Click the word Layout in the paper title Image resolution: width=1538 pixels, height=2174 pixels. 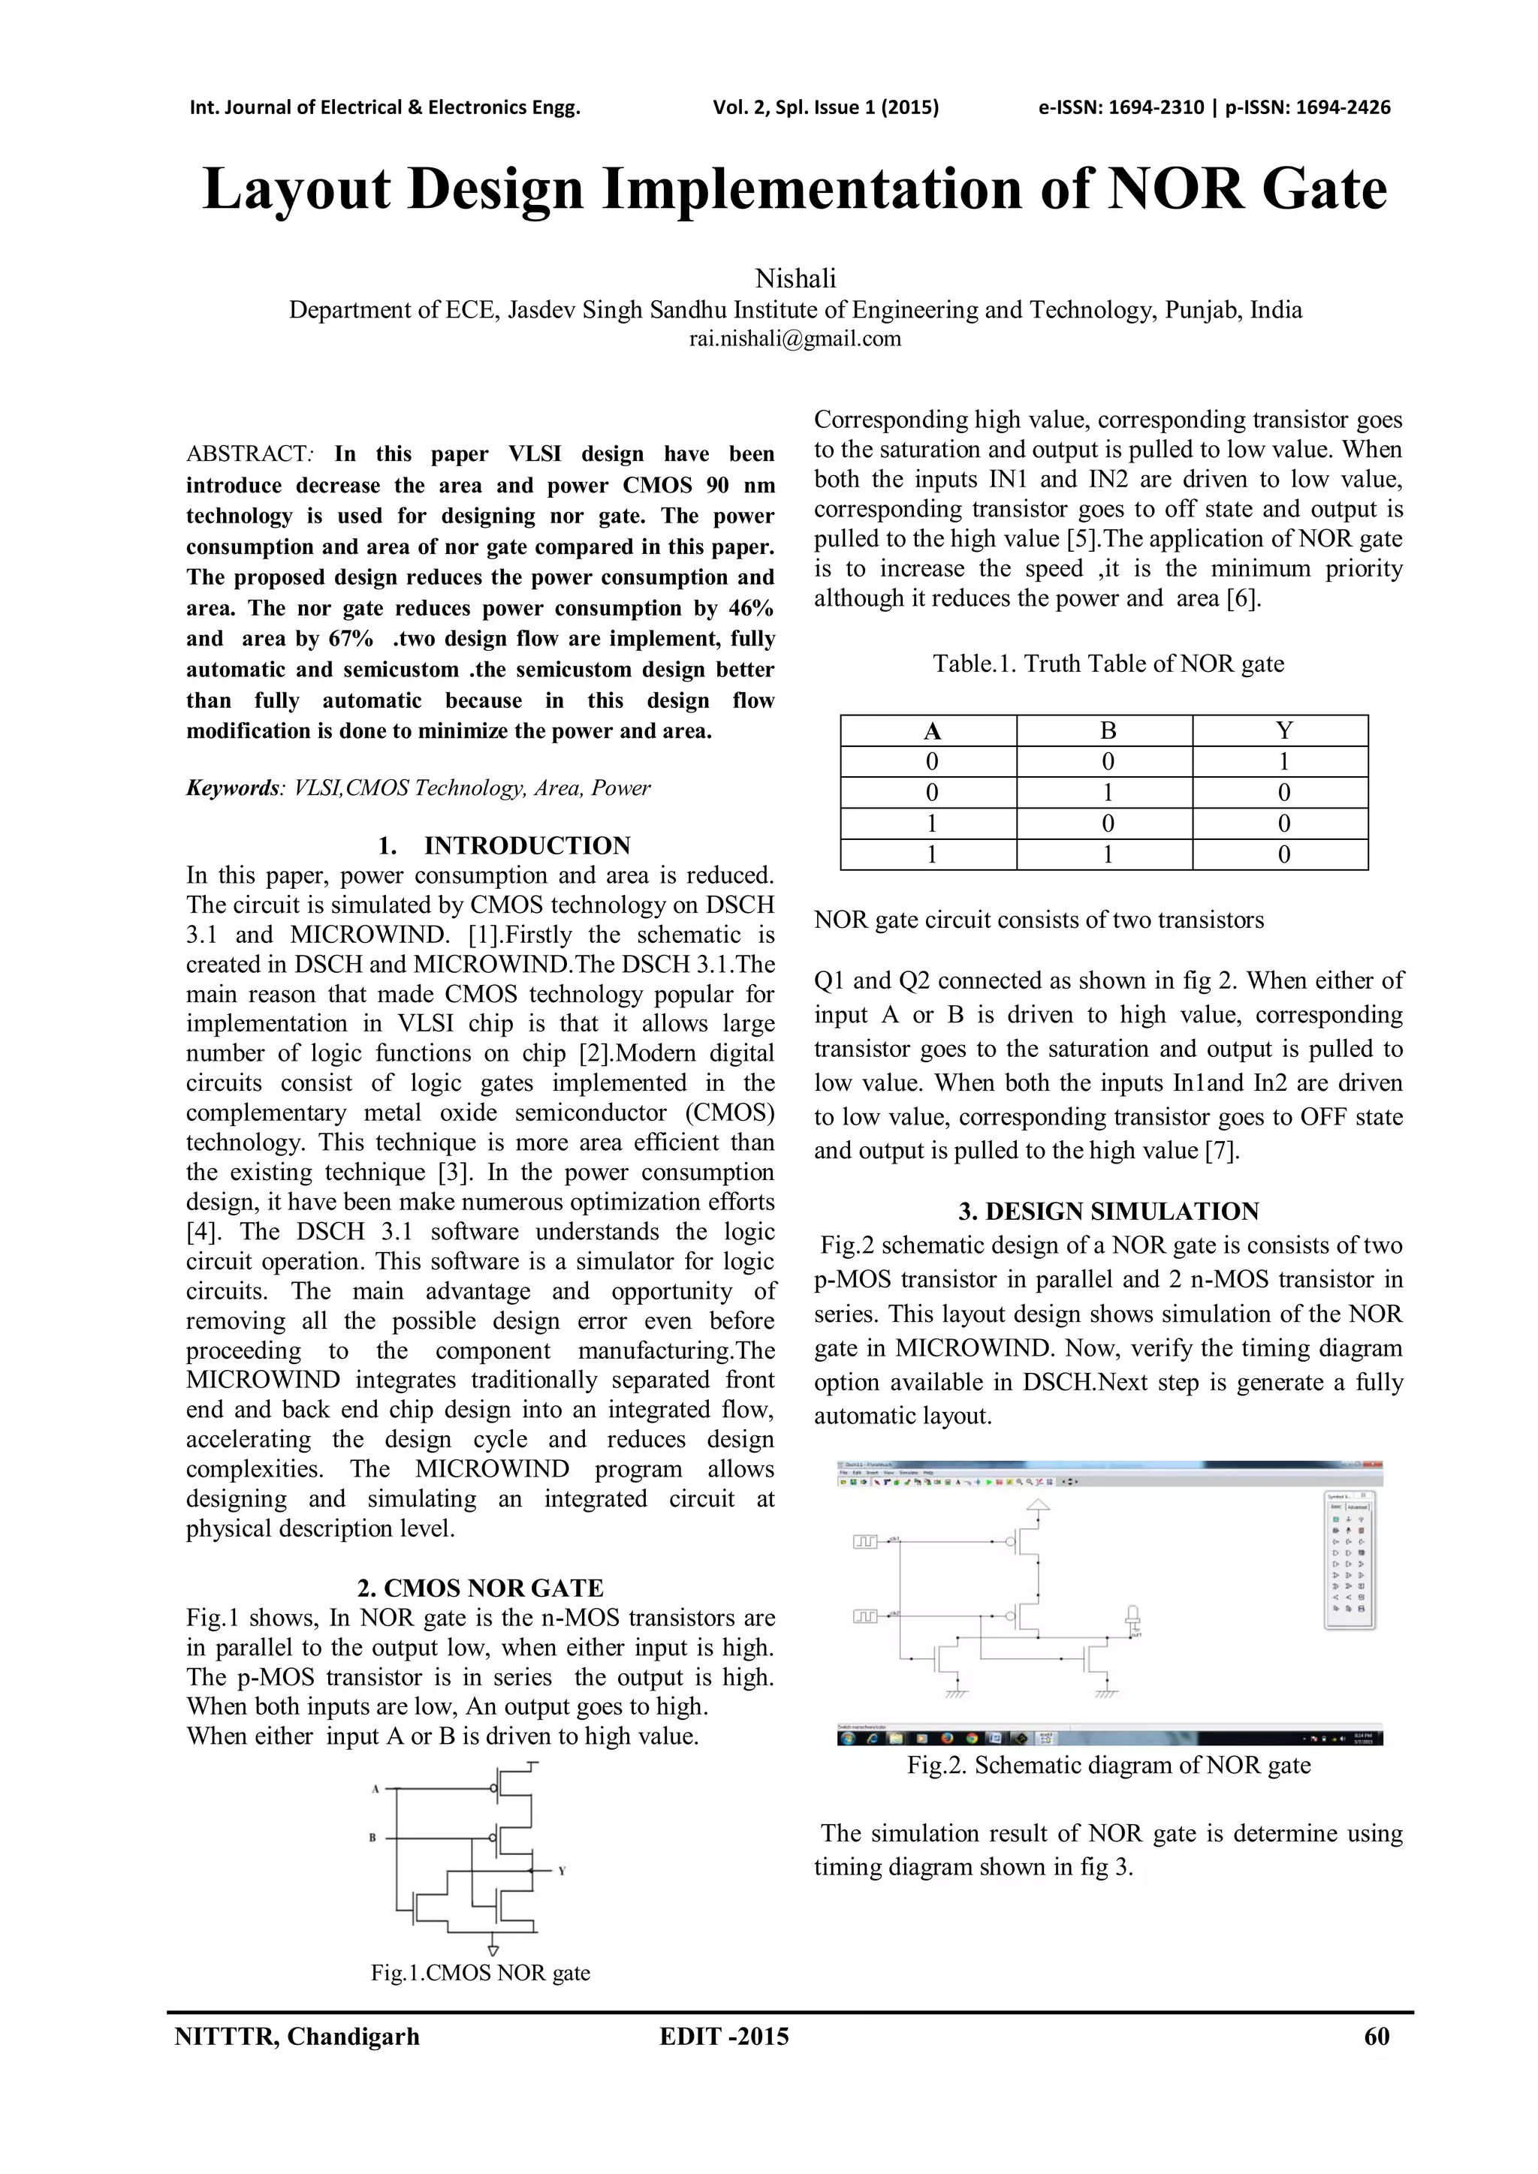point(295,189)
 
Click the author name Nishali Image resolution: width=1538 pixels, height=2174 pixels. point(795,279)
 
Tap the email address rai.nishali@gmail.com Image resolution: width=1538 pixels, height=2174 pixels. point(795,338)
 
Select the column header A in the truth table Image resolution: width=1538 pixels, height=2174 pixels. point(931,731)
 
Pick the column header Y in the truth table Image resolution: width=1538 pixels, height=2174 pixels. point(1283,731)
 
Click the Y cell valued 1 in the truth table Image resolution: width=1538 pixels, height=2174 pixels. point(1283,762)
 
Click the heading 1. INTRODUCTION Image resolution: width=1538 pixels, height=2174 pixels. point(503,845)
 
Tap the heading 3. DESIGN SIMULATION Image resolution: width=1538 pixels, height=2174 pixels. point(1108,1211)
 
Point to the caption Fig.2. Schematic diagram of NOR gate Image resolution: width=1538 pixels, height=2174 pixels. point(1108,1765)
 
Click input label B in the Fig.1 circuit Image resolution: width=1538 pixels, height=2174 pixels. point(373,1838)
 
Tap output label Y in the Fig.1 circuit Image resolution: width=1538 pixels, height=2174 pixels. point(562,1871)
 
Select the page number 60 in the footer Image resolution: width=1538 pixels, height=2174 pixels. point(1376,2036)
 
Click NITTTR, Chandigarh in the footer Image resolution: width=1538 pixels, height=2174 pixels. point(297,2036)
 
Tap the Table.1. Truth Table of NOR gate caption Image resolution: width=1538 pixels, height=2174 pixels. point(1108,664)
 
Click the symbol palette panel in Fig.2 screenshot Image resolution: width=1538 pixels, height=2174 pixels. point(1348,1558)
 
